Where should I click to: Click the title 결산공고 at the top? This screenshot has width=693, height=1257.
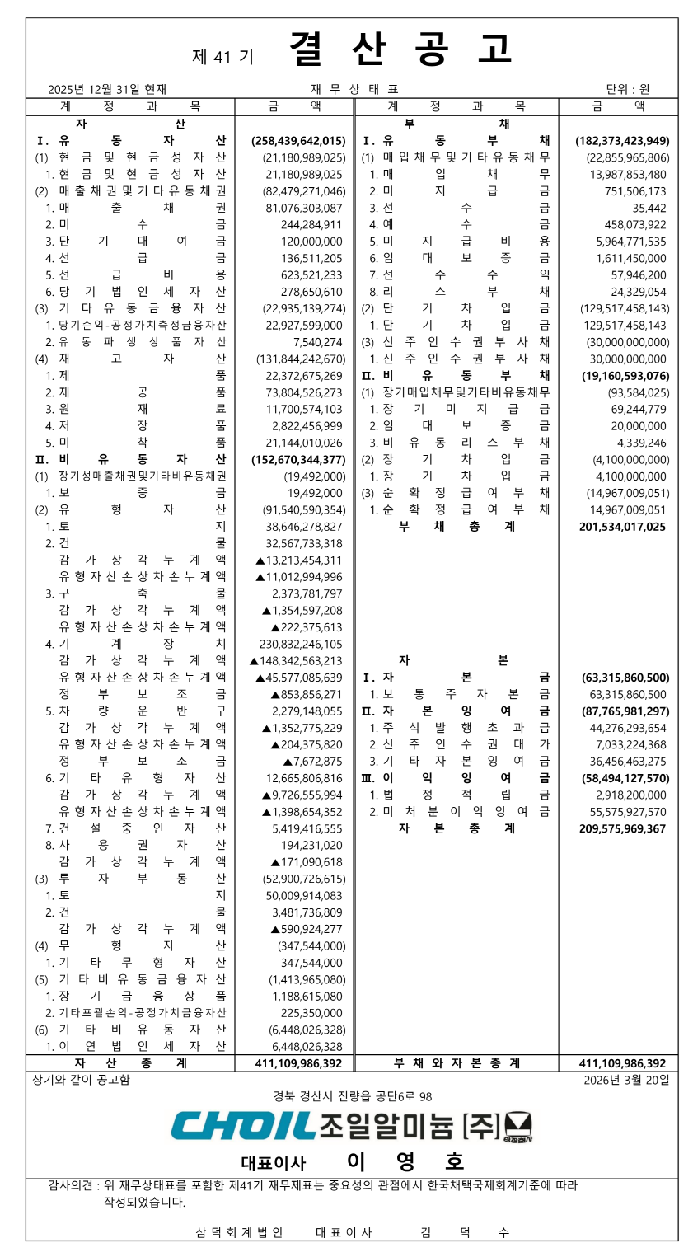400,49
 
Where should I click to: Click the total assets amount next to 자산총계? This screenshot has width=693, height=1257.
298,1063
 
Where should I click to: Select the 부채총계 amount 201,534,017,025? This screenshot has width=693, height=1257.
622,526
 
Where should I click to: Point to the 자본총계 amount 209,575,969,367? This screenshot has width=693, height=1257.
622,828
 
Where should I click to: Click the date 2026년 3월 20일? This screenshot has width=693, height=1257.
626,1079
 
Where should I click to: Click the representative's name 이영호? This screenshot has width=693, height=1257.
405,1162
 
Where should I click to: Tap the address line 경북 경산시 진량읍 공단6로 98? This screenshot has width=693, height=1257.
353,1096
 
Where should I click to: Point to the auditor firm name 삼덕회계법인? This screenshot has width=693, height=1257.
239,1232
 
